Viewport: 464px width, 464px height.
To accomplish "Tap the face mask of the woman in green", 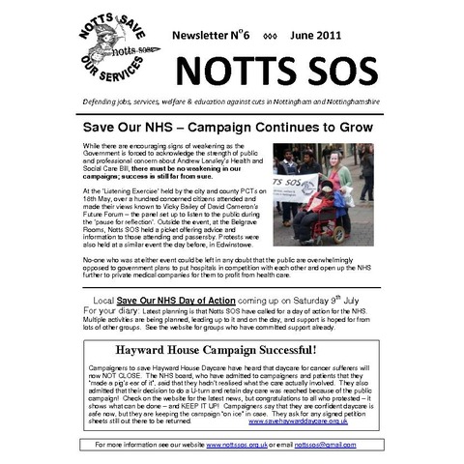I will point(333,159).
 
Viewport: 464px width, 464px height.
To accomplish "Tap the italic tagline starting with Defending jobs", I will point(231,101).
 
